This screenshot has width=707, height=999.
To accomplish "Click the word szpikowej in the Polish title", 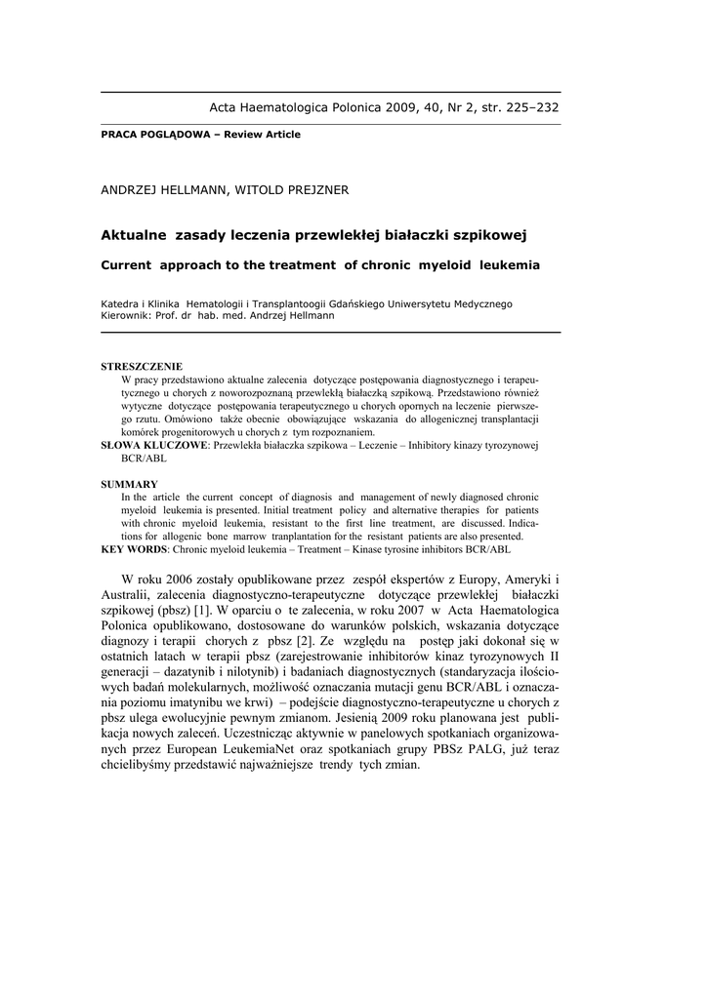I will pyautogui.click(x=486, y=235).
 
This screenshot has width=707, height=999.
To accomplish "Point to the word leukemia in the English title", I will pyautogui.click(x=505, y=264).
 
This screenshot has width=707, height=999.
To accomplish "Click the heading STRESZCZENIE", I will pyautogui.click(x=143, y=367).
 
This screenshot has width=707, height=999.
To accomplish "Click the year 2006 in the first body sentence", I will pyautogui.click(x=184, y=579).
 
